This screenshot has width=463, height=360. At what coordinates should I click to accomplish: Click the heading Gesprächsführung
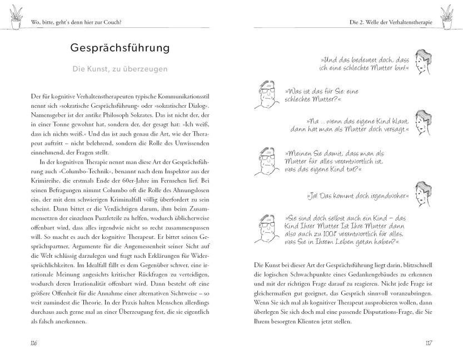coord(120,48)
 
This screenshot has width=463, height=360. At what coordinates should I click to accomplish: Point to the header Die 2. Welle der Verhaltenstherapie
coord(387,22)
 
